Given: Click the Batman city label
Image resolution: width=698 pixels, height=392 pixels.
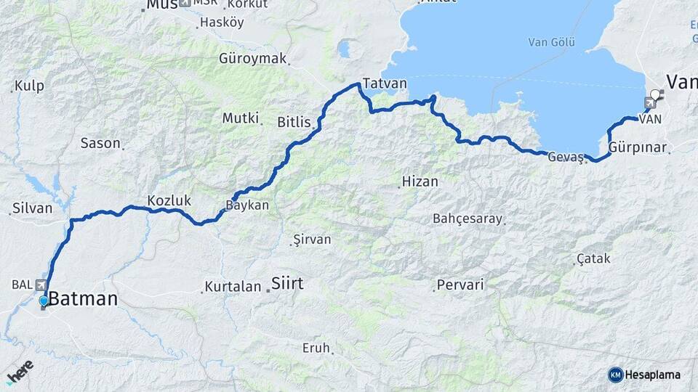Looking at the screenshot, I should tap(84, 298).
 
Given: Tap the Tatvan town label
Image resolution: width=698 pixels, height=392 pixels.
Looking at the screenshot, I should tap(385, 83).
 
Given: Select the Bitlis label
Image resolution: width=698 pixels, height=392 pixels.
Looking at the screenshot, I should tap(294, 121).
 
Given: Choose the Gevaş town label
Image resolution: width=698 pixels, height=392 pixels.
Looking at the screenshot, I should tap(565, 158).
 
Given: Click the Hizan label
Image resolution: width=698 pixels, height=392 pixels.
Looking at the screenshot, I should tap(420, 181).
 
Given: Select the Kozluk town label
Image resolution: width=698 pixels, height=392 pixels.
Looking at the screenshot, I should tap(169, 200).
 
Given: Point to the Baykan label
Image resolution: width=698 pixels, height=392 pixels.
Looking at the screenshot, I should tap(249, 205).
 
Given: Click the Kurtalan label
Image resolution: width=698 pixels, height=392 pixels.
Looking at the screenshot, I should tap(233, 287).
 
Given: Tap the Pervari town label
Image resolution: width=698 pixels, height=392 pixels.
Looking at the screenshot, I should tap(460, 285).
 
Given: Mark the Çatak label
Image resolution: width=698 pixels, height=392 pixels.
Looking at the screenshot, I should tap(593, 258).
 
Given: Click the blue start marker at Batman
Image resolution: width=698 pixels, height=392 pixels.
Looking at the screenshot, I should tap(44, 301).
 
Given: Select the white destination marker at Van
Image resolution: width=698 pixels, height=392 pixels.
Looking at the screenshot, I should tap(656, 94).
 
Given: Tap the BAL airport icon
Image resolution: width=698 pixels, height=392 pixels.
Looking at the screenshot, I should tap(39, 285).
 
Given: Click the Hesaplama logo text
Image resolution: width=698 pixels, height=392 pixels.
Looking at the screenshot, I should tap(652, 375).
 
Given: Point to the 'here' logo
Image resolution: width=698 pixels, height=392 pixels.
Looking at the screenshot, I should tap(20, 372).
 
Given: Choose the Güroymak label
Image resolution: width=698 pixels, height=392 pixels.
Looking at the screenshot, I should tap(253, 59).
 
